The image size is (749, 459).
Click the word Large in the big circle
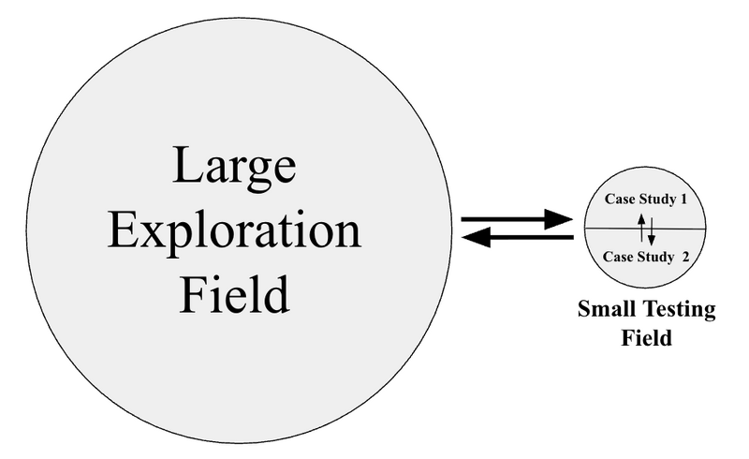234,169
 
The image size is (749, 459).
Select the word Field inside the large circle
234,293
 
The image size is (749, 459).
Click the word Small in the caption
605,310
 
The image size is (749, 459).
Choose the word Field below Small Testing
647,338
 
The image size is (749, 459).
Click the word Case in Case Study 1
619,199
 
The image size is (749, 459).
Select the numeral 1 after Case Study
684,199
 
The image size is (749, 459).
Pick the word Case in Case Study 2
619,256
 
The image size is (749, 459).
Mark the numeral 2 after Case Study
687,256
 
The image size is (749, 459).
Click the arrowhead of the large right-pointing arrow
560,219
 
